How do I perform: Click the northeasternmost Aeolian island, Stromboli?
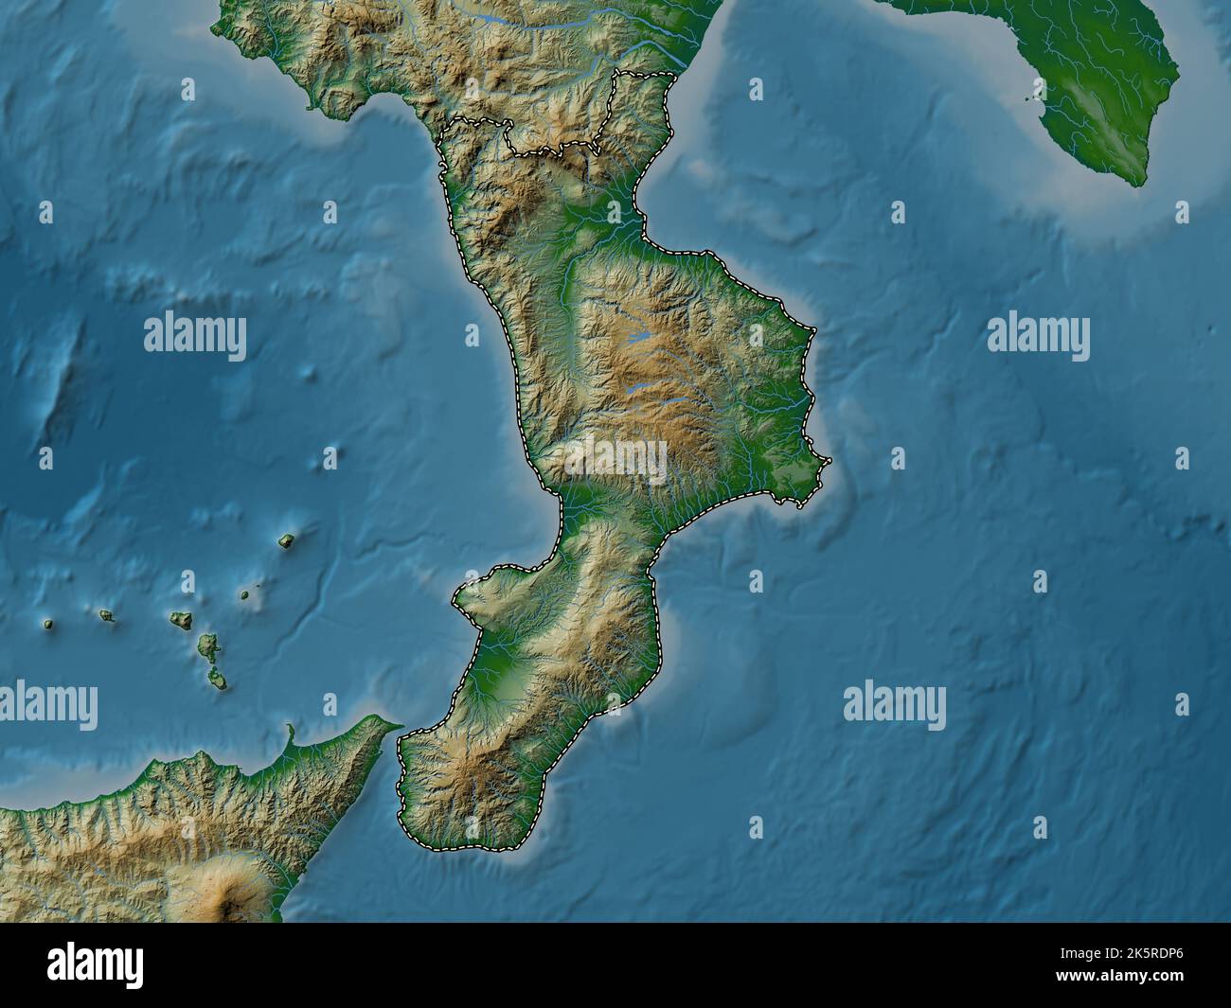pyautogui.click(x=286, y=541)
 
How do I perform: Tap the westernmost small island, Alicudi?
pyautogui.click(x=47, y=624)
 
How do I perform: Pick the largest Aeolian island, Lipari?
pyautogui.click(x=207, y=648)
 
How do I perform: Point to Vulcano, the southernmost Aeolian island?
pyautogui.click(x=219, y=678)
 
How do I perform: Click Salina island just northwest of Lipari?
pyautogui.click(x=180, y=620)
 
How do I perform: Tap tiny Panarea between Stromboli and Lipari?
pyautogui.click(x=244, y=595)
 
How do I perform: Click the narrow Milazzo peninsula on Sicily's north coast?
pyautogui.click(x=288, y=734)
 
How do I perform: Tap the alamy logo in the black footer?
pyautogui.click(x=95, y=965)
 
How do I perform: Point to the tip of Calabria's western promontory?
pyautogui.click(x=457, y=596)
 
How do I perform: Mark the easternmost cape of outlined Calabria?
pyautogui.click(x=828, y=461)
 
